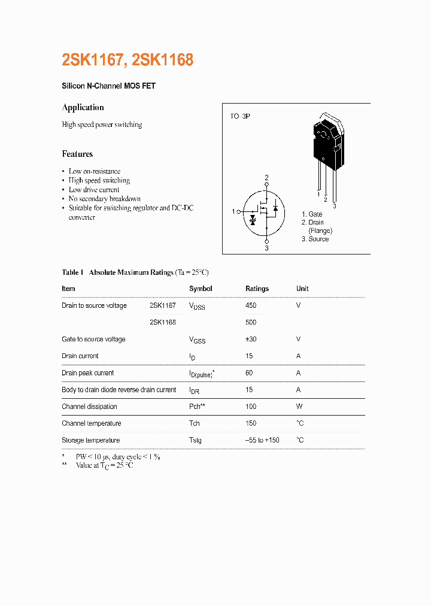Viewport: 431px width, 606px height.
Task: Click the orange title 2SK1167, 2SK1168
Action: point(128,60)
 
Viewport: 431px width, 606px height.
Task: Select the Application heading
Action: point(83,108)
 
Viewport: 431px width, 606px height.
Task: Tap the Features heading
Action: point(77,154)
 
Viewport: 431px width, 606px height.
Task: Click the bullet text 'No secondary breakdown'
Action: point(104,199)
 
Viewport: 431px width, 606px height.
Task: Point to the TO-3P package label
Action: point(239,116)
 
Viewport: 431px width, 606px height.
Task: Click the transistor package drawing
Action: point(327,144)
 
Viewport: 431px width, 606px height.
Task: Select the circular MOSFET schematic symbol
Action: point(266,212)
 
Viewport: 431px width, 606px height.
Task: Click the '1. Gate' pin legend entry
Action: point(312,214)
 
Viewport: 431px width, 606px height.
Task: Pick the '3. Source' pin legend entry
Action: point(315,239)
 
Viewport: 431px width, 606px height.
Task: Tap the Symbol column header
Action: point(201,289)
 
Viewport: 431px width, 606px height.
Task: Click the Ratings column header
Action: point(257,289)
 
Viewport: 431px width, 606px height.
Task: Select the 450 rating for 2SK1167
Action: point(251,305)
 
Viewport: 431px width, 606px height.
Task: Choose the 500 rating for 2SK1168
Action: point(251,322)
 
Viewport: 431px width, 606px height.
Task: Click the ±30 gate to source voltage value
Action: point(251,339)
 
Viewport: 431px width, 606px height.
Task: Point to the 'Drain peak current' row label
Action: point(87,373)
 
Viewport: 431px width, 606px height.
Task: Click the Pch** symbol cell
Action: point(198,407)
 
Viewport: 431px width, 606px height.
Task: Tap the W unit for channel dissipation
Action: point(299,407)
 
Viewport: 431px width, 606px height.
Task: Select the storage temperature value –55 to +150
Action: point(262,440)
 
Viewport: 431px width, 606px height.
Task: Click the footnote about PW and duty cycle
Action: point(117,456)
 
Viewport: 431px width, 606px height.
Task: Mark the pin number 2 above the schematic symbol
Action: point(266,177)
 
